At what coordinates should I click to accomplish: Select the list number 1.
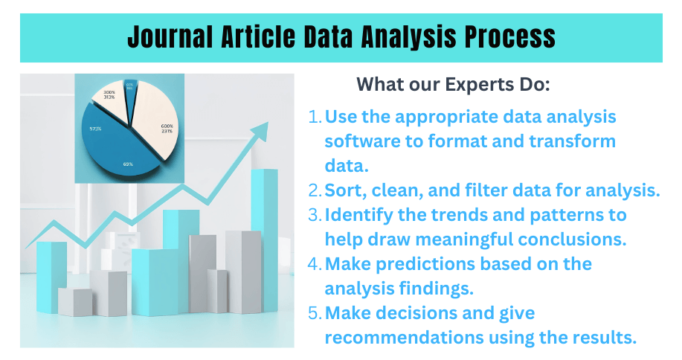315,117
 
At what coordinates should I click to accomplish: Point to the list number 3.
315,215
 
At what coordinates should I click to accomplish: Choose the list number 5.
315,313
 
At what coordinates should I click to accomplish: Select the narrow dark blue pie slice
131,93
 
